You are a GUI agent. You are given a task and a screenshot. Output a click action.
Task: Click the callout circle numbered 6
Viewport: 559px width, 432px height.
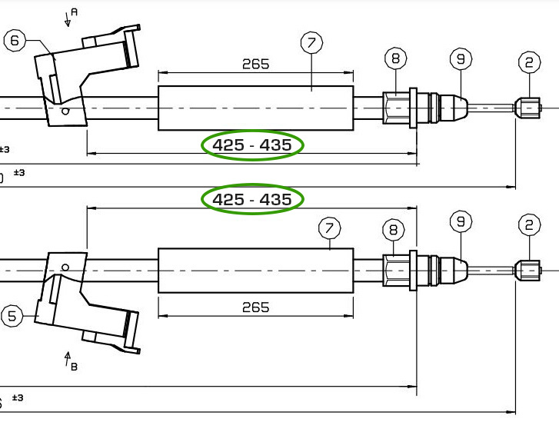click(16, 41)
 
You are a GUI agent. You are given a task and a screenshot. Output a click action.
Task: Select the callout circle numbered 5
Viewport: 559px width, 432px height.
click(13, 316)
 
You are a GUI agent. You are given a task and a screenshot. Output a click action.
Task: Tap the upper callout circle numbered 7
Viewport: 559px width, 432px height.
click(311, 42)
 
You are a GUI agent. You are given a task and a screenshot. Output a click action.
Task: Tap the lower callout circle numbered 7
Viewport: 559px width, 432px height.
click(329, 228)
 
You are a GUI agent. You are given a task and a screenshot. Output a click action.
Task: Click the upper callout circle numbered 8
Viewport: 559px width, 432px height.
click(395, 58)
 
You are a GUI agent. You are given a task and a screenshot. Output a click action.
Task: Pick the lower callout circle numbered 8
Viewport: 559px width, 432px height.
click(394, 229)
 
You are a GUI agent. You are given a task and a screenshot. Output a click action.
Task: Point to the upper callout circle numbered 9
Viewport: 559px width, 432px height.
click(461, 58)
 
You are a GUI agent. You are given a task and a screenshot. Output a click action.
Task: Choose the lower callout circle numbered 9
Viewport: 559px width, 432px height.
click(461, 221)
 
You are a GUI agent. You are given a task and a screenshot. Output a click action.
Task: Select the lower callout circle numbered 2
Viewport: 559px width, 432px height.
click(529, 224)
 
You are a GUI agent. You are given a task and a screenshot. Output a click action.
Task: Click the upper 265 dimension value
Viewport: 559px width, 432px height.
click(255, 64)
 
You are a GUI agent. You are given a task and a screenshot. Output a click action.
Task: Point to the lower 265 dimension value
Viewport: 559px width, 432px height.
click(255, 307)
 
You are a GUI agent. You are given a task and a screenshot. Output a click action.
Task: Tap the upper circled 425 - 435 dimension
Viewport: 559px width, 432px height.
click(252, 145)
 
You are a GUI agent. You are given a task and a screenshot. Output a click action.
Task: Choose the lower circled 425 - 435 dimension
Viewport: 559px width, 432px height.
click(252, 200)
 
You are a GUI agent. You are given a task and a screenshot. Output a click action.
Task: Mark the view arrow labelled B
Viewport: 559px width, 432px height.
click(68, 360)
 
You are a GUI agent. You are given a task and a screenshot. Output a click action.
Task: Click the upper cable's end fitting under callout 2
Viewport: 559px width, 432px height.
click(529, 106)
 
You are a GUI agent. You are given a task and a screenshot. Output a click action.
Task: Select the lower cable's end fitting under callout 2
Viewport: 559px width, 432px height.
click(529, 270)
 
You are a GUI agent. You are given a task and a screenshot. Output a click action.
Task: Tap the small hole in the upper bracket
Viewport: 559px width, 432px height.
click(67, 111)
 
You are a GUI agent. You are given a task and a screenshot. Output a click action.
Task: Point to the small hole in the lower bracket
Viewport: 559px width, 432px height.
click(66, 268)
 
